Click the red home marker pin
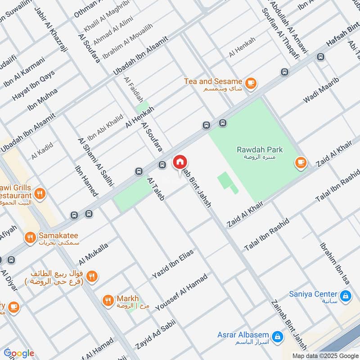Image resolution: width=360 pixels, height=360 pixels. (x=180, y=162)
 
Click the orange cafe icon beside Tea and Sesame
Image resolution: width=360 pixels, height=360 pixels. (x=251, y=83)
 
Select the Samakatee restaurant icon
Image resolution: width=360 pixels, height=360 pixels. (x=31, y=237)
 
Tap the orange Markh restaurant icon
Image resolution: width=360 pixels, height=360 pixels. (x=108, y=300)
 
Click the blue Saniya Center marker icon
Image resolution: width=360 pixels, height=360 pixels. (x=345, y=296)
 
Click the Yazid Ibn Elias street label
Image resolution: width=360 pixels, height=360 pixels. (x=173, y=263)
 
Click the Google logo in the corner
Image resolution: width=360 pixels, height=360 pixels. (x=19, y=353)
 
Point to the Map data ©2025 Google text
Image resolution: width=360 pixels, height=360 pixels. (x=325, y=355)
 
